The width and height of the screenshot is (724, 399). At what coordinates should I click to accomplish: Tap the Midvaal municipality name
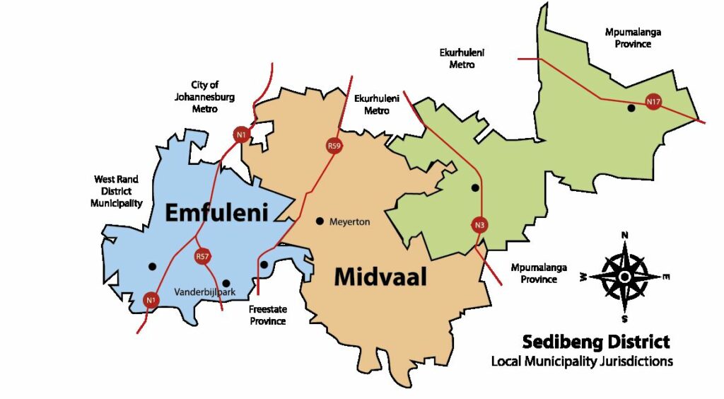pos(380,277)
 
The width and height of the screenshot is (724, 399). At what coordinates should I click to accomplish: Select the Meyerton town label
pos(350,221)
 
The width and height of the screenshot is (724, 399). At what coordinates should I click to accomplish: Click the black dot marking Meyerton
pos(320,221)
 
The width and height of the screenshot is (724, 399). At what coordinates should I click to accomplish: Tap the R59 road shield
pos(334,146)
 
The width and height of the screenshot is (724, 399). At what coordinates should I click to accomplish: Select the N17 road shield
pos(654,103)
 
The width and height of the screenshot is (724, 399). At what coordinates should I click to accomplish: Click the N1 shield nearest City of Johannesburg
pos(242,134)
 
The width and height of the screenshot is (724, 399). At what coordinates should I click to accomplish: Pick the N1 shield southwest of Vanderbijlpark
pos(150,301)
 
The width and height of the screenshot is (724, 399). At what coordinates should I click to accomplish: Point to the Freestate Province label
pos(267,315)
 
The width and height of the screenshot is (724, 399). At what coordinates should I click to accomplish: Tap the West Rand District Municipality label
pos(117,191)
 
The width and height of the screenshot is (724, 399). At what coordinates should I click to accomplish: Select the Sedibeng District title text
pos(595,342)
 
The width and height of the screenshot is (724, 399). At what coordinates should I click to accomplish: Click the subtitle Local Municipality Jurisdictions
pos(581,362)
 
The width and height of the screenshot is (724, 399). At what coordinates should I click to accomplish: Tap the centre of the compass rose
pos(625,275)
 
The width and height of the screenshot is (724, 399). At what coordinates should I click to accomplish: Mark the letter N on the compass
pos(624,236)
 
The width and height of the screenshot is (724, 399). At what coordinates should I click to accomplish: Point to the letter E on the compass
pos(667,276)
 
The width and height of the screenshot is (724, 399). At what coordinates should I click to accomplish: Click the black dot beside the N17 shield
pos(631,108)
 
